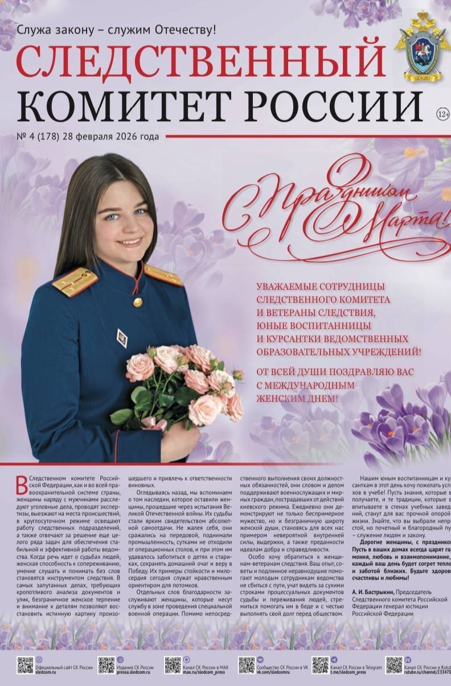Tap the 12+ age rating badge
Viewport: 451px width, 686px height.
(x=442, y=113)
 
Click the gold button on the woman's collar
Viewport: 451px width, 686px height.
(x=138, y=303)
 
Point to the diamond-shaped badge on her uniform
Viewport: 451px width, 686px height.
(x=122, y=337)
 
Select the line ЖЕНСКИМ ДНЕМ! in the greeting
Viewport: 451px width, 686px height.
(x=297, y=398)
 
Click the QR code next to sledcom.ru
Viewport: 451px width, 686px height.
(x=25, y=665)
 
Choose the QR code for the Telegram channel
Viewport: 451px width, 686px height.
(x=320, y=665)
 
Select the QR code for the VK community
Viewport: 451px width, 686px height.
(x=247, y=665)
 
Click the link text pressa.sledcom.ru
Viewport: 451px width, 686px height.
(x=135, y=672)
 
